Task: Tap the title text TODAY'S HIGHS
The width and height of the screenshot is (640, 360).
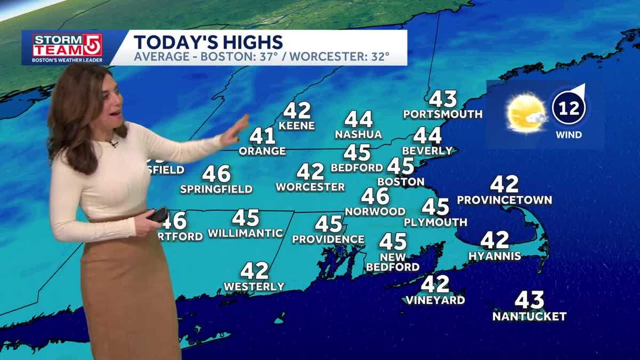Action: coord(208,42)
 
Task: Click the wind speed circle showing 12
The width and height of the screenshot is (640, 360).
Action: coord(569,108)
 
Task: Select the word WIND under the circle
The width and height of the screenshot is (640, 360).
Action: coord(569,135)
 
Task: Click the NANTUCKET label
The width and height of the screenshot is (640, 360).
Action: coord(529,317)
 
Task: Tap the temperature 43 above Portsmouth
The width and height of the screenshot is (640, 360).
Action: coord(443,99)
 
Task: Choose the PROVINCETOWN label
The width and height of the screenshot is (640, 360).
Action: coord(505,200)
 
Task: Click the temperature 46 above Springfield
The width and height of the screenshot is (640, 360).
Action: coord(217,174)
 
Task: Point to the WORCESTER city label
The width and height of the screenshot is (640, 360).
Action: coord(310,187)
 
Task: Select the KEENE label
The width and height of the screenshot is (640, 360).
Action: coord(297,126)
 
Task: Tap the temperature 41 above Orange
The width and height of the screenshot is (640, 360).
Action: coord(262,136)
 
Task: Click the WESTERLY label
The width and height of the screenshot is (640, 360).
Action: coord(254,286)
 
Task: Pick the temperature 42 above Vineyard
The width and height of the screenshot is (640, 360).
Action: coord(435,284)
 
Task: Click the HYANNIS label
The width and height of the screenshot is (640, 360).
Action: coord(494,256)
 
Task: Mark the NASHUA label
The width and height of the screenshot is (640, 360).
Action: coord(358,134)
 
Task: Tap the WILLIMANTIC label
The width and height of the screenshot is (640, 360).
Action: coord(245,233)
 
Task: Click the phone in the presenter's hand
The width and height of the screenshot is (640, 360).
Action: coord(158,214)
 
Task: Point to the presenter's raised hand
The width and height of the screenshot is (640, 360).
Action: coord(236,130)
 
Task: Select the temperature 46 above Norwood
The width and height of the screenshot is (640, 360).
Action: coord(375,196)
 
